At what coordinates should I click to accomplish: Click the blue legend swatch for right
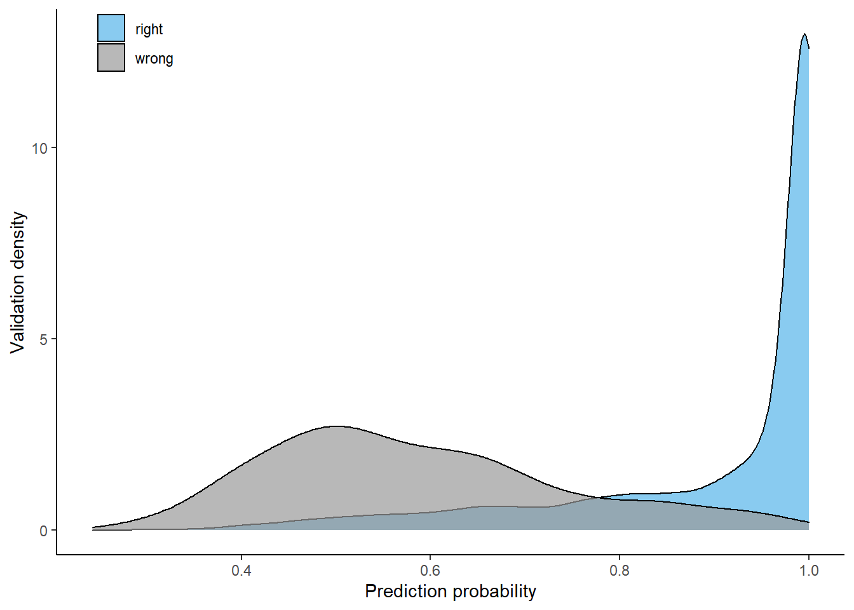click(x=111, y=28)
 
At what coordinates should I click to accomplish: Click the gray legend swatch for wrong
click(x=111, y=57)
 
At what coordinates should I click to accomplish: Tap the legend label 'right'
click(x=149, y=29)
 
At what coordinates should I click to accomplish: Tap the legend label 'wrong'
click(x=154, y=58)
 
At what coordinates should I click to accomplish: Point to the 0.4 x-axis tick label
click(x=241, y=571)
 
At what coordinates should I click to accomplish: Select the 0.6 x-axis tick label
click(x=430, y=571)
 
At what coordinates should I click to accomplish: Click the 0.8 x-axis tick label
click(x=620, y=571)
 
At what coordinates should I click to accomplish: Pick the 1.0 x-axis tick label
click(x=808, y=571)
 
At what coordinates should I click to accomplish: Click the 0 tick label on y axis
click(x=43, y=531)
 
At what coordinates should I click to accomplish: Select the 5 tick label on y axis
click(x=43, y=339)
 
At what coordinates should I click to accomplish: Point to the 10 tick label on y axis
click(x=39, y=148)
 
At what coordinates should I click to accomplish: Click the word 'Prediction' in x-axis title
click(x=405, y=592)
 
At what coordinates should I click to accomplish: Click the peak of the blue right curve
click(x=804, y=34)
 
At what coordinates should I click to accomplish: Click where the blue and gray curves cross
click(x=597, y=498)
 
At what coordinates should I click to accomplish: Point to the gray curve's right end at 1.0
click(x=808, y=522)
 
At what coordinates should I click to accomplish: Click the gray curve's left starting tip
click(x=93, y=527)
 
